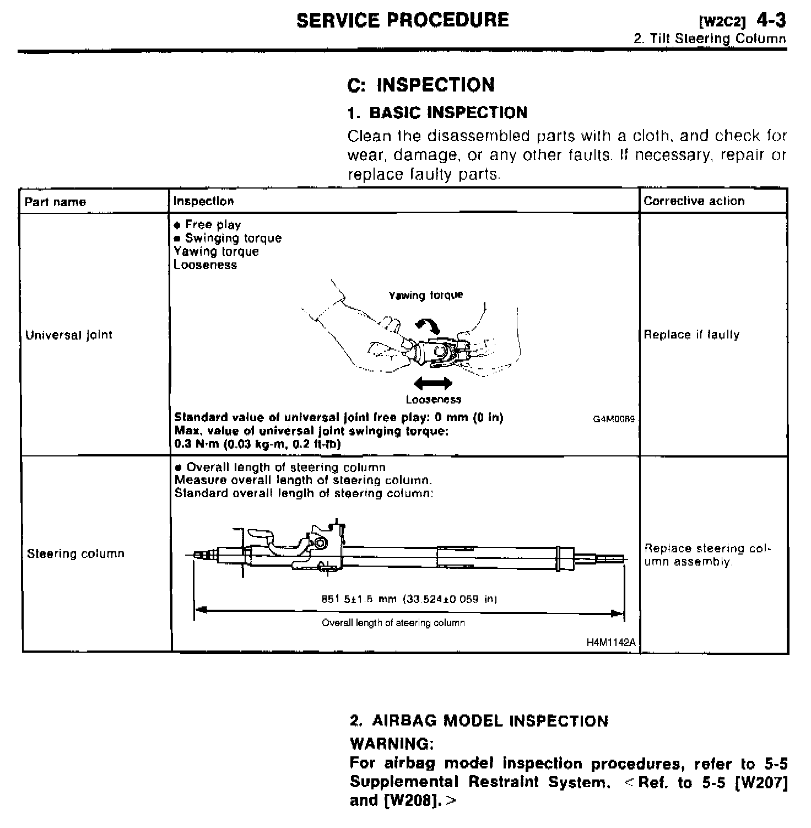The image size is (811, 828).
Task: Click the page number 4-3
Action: (771, 21)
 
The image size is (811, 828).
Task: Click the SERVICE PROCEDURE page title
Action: (402, 20)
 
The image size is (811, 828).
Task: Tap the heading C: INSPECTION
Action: (421, 85)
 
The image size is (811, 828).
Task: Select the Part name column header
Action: (55, 202)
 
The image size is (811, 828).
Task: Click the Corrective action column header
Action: (694, 201)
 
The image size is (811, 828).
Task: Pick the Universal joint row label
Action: (69, 335)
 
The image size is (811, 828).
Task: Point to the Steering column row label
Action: (75, 553)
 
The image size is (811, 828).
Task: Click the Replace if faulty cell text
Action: (691, 335)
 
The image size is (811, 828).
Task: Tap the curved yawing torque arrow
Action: (428, 325)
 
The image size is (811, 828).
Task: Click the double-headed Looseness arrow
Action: (433, 383)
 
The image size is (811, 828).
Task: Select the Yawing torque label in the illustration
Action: (426, 295)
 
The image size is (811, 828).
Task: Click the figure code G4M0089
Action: (614, 419)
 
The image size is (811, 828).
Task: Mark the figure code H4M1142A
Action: (610, 643)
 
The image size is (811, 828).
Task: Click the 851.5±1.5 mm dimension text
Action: (409, 599)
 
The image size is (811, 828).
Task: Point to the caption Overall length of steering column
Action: (393, 623)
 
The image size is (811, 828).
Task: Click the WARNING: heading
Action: (392, 744)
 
